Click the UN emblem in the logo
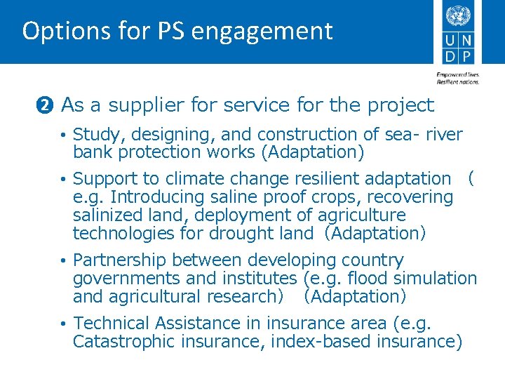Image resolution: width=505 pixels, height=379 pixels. click(458, 15)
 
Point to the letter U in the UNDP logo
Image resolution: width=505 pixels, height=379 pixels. click(449, 39)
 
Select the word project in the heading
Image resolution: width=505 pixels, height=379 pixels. click(400, 105)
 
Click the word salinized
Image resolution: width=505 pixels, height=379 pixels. click(108, 215)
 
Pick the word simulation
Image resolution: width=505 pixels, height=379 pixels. click(436, 278)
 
